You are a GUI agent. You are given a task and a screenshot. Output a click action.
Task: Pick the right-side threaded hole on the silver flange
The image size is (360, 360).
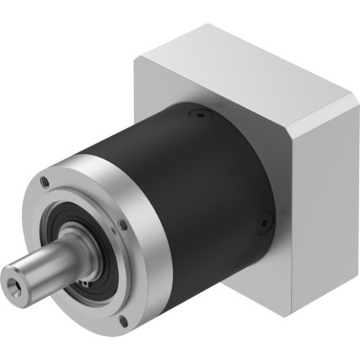click(123, 225)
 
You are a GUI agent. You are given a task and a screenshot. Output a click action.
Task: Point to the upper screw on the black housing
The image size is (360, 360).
click(198, 114)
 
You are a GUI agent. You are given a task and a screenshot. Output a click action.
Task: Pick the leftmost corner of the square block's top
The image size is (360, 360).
click(135, 60)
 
